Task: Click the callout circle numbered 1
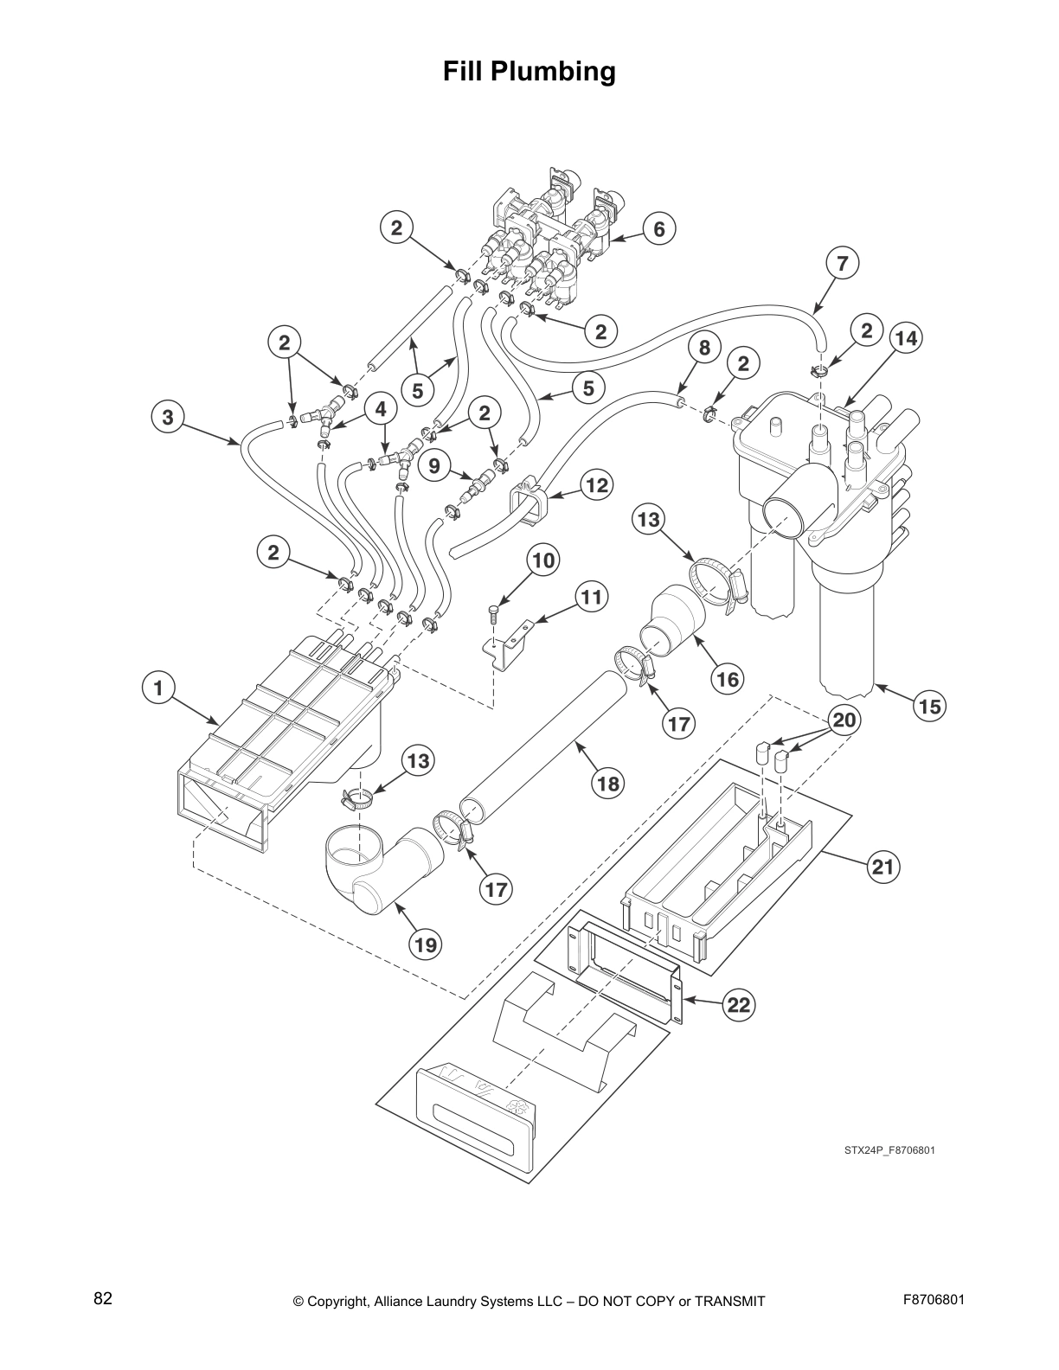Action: (158, 688)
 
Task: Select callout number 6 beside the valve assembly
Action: (659, 229)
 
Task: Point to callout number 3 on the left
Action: (167, 418)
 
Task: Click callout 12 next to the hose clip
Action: (597, 485)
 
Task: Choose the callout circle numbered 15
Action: (929, 707)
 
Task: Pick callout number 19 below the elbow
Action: (425, 945)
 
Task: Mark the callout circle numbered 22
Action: (738, 1004)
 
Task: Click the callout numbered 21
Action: (883, 867)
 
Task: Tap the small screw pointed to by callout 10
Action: (493, 614)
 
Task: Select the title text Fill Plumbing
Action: (529, 71)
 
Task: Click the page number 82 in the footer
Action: (103, 1298)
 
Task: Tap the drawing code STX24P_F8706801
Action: (889, 1150)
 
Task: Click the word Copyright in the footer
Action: (340, 1302)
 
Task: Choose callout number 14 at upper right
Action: (906, 338)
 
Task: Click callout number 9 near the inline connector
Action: (434, 466)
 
